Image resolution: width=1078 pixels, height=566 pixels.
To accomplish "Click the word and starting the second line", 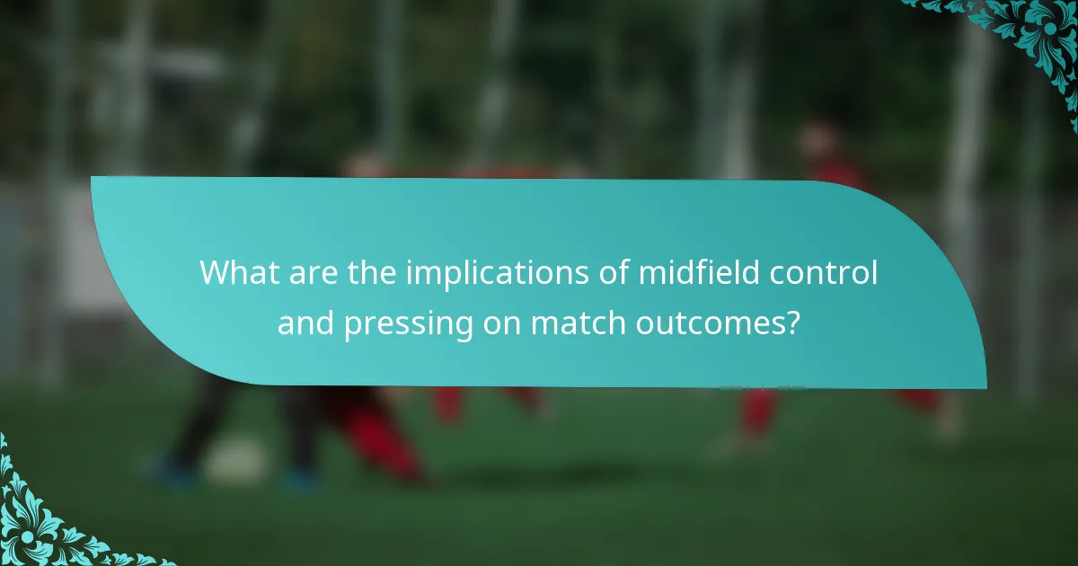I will tap(305, 323).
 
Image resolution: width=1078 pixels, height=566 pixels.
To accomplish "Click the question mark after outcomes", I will tap(793, 323).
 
